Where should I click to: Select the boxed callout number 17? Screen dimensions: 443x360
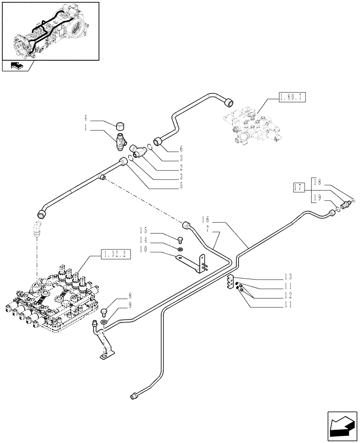[298, 188]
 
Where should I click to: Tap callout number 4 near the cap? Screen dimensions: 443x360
[86, 118]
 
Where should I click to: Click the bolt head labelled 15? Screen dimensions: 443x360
[180, 240]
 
